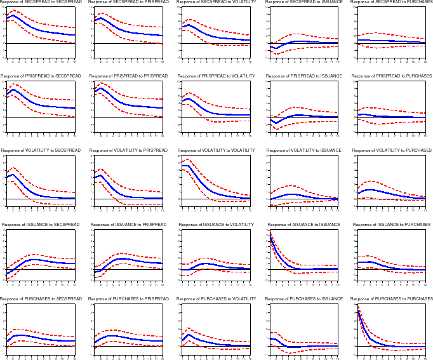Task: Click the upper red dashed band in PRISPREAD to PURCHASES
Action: coord(381,109)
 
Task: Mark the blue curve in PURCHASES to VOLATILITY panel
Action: coord(210,340)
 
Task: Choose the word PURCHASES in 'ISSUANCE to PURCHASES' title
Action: coord(415,224)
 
